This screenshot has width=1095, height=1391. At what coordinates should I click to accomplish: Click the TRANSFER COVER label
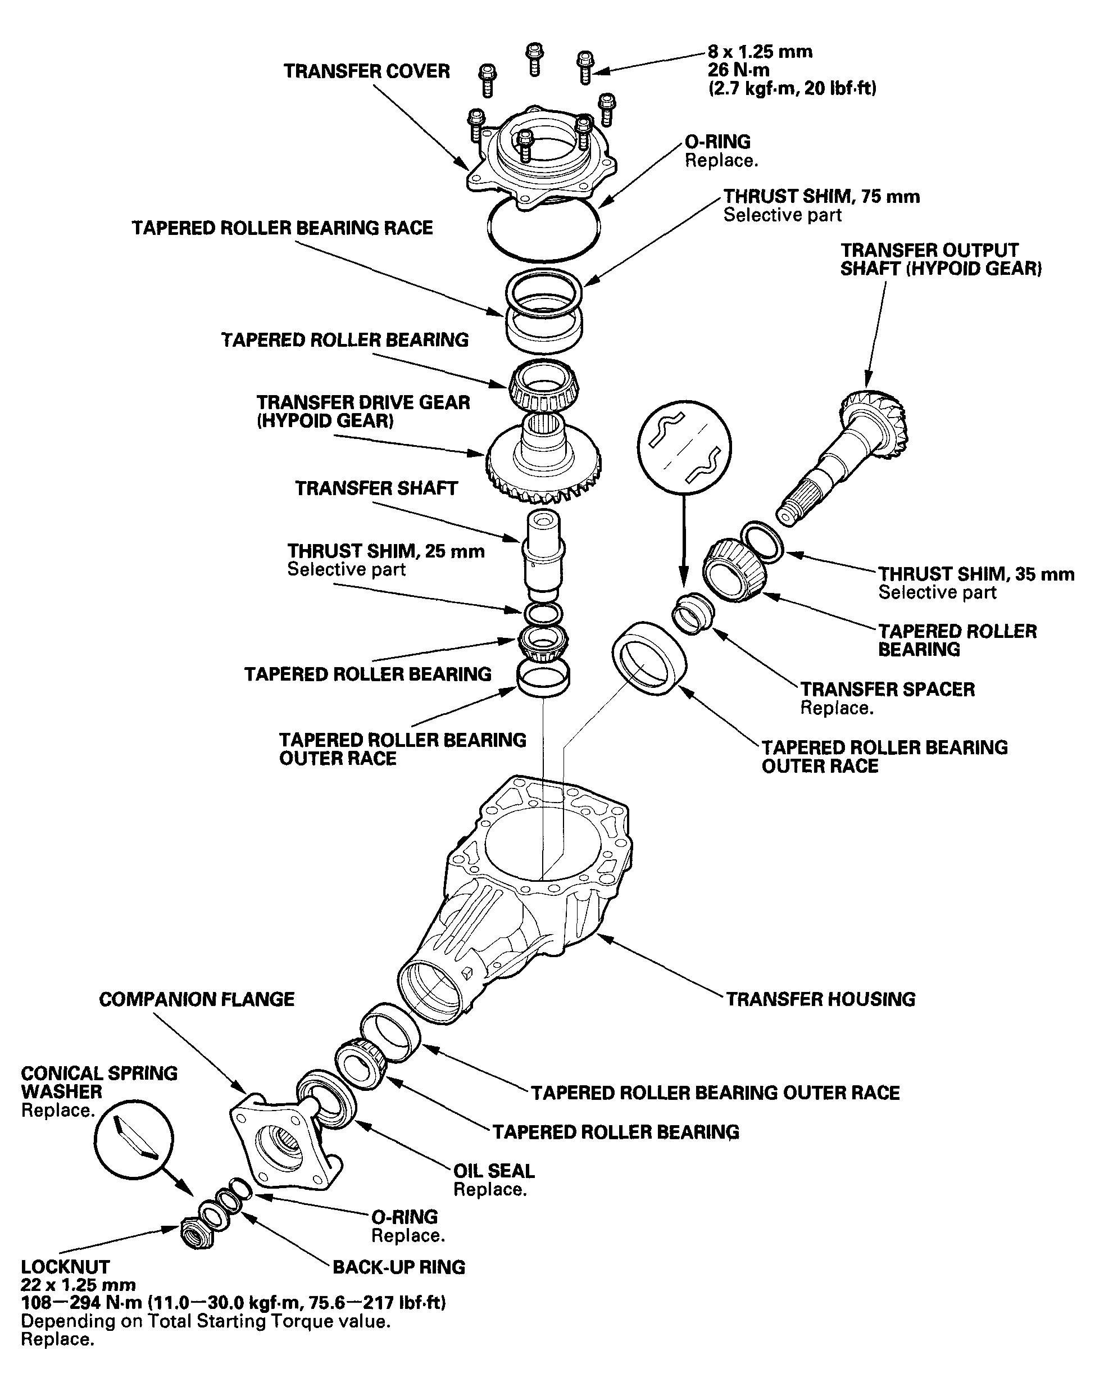pos(367,71)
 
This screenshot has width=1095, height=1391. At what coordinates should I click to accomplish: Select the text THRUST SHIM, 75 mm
pos(821,196)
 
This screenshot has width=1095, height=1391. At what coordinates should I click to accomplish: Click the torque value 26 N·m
pos(739,70)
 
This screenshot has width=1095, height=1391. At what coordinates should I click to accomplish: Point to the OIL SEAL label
pos(494,1171)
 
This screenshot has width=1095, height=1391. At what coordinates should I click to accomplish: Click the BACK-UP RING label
pos(399,1267)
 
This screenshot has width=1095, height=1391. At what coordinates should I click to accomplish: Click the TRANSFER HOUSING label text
pos(821,999)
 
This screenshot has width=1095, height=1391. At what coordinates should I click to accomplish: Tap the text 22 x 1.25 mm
pos(78,1285)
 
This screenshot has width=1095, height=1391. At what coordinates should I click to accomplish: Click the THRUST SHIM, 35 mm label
pos(976,574)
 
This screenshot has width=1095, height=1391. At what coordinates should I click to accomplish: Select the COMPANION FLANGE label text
pos(197,999)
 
